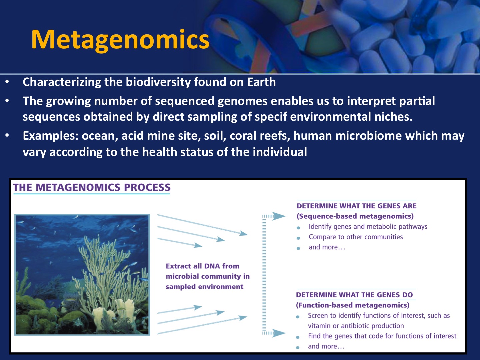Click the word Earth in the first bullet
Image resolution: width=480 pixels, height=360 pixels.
pos(261,82)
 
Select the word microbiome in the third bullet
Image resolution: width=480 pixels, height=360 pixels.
pos(368,136)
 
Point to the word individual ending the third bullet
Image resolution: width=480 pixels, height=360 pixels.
pos(280,152)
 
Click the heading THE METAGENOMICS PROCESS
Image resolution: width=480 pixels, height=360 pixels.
pos(92,187)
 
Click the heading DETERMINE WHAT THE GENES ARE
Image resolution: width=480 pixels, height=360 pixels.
pos(356,206)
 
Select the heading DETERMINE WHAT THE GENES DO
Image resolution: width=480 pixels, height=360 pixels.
pos(354,295)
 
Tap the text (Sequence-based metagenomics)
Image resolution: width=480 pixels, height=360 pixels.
pos(355,216)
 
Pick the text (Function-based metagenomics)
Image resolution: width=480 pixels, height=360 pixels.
pos(353,305)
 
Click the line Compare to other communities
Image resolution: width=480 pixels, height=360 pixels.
pos(356,237)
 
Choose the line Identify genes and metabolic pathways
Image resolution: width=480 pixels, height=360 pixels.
pos(368,227)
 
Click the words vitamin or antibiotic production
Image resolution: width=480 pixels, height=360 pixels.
pos(356,326)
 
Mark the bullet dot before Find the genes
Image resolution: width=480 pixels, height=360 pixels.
pos(298,337)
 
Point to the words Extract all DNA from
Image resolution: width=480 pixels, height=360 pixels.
pos(202,266)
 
